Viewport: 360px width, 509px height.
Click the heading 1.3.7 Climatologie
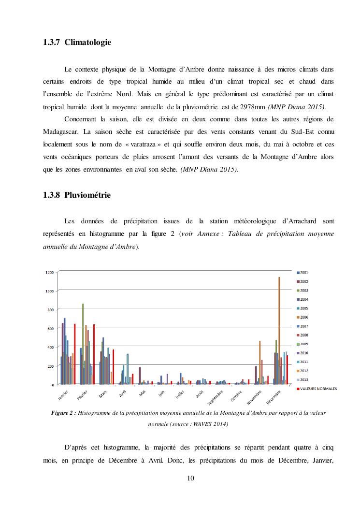77,43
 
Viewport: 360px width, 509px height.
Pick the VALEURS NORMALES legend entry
316,388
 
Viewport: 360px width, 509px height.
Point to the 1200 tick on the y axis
49,272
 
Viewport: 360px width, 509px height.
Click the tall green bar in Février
83,344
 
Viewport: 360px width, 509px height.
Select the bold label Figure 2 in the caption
64,413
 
